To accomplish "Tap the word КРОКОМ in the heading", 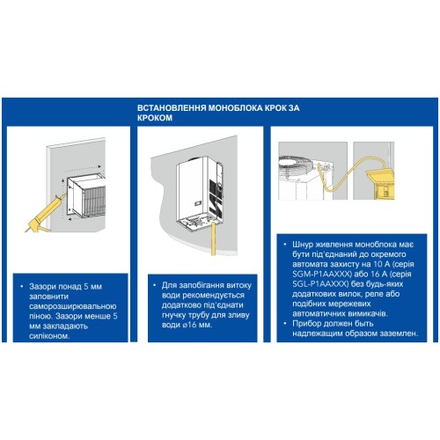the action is pyautogui.click(x=155, y=118).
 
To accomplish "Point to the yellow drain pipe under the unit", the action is pyautogui.click(x=214, y=238).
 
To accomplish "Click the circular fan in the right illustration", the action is pyautogui.click(x=297, y=168).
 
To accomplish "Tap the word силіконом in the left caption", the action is pyautogui.click(x=49, y=336).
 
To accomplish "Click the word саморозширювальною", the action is pyautogui.click(x=73, y=306).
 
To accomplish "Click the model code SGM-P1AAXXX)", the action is pyautogui.click(x=322, y=275).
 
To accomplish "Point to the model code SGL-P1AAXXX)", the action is pyautogui.click(x=320, y=284).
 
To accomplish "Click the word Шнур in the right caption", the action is pyautogui.click(x=303, y=245).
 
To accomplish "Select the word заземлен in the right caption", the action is pyautogui.click(x=397, y=334).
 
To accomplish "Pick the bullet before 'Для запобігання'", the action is pyautogui.click(x=155, y=285).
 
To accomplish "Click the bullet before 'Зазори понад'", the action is pyautogui.click(x=22, y=287).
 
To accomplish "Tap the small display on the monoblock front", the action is pyautogui.click(x=198, y=202).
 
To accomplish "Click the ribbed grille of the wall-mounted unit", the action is pyautogui.click(x=94, y=200).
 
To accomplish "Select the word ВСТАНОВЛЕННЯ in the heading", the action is pyautogui.click(x=172, y=108).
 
